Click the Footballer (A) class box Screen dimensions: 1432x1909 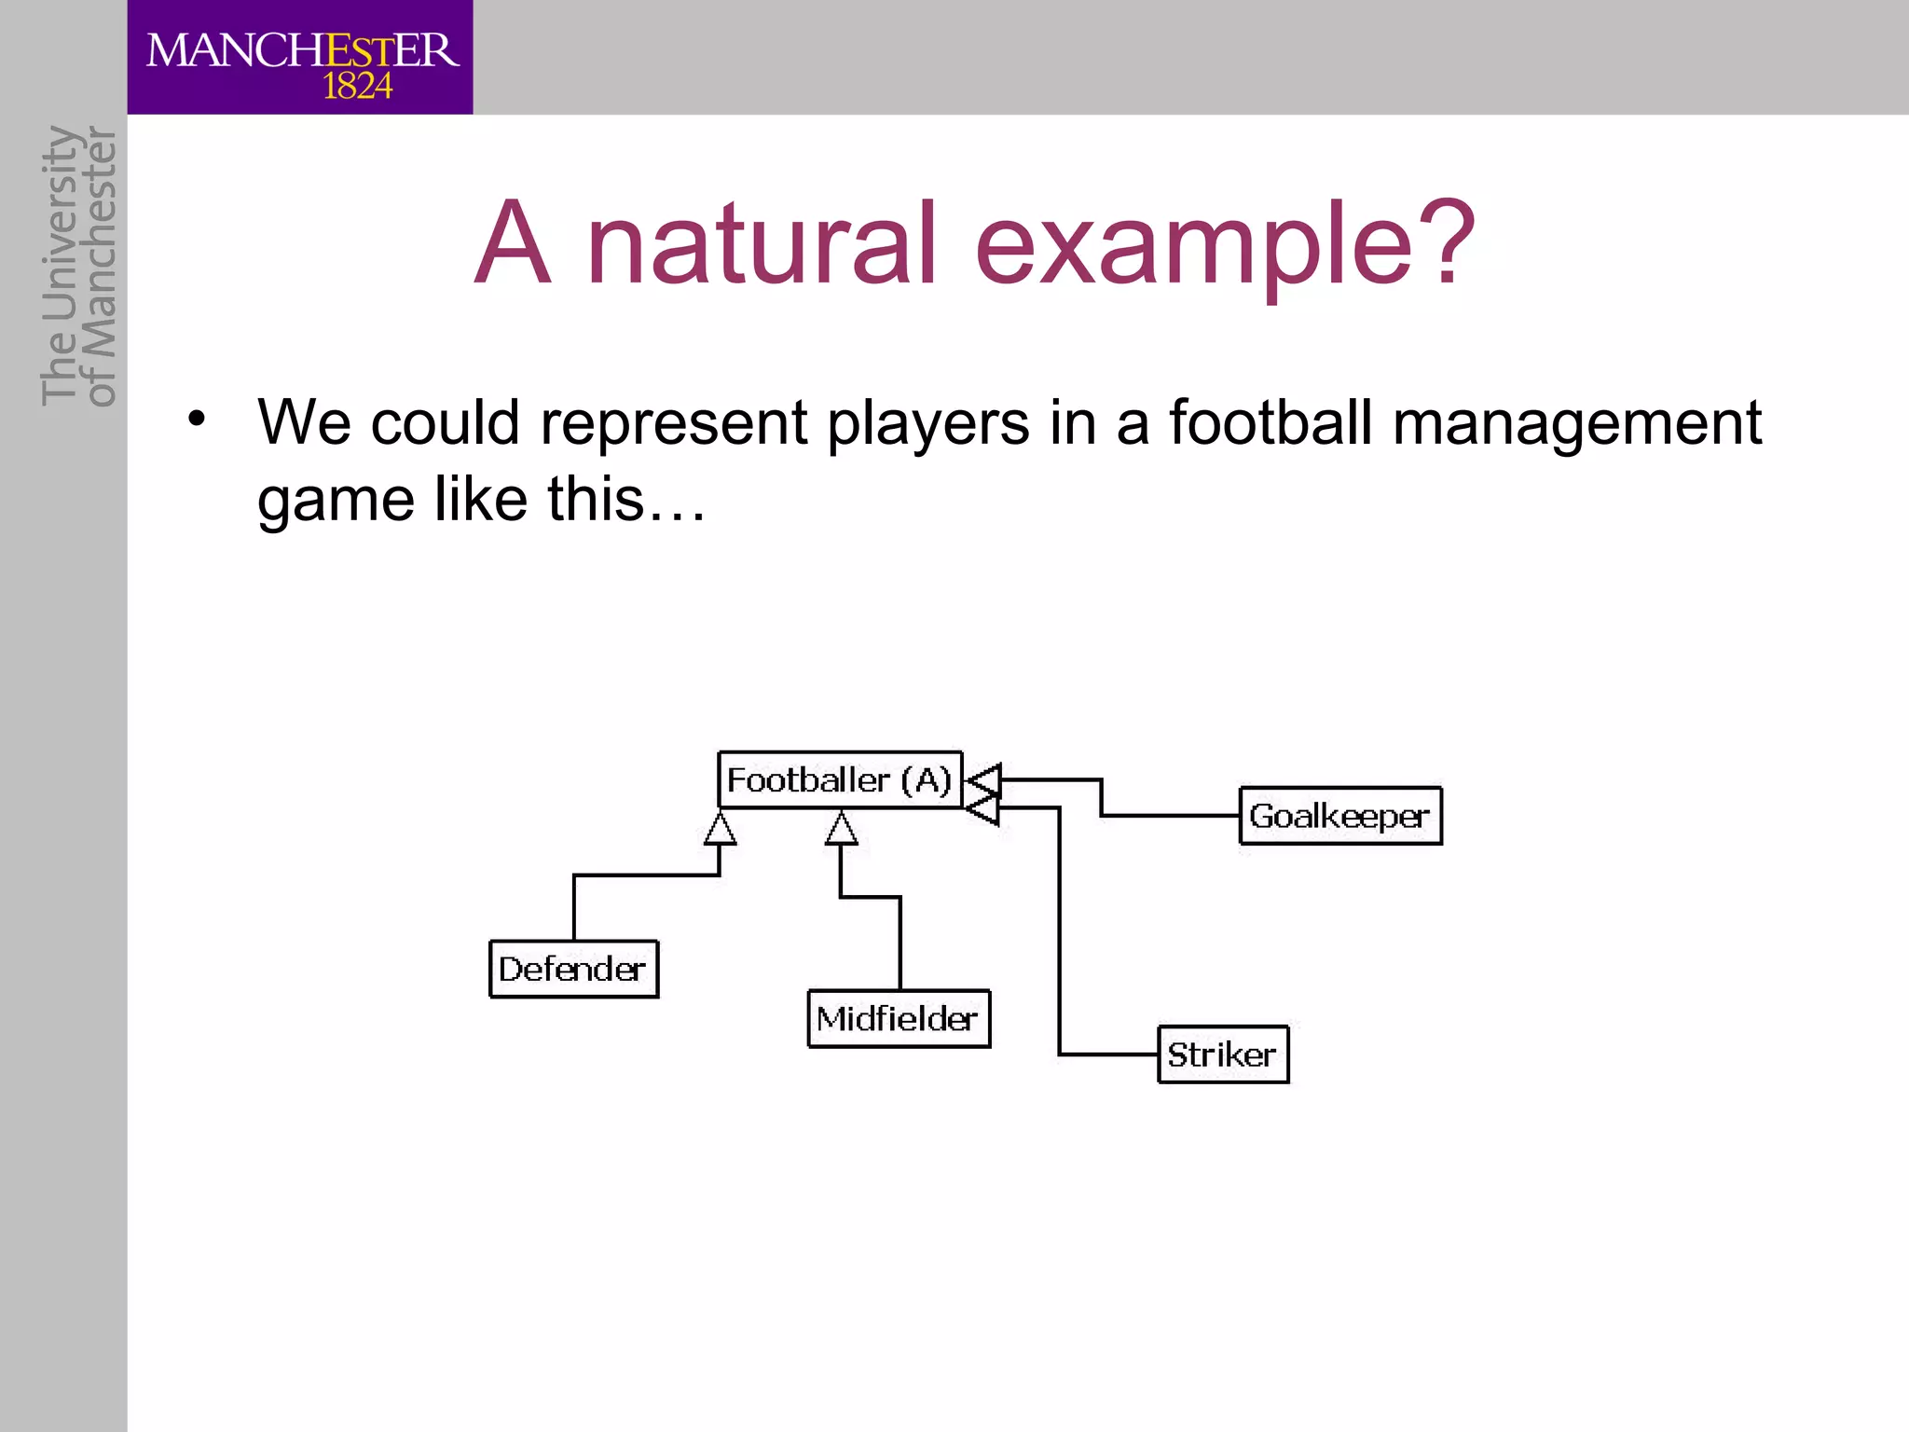[x=839, y=779]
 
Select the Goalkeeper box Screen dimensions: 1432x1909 [x=1339, y=816]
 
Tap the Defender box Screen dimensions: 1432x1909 [x=573, y=969]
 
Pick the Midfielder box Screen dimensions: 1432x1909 [x=898, y=1018]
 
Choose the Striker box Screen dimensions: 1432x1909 [x=1222, y=1054]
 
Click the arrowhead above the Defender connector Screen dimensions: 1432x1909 [x=720, y=829]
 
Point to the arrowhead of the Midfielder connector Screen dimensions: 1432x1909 [x=841, y=829]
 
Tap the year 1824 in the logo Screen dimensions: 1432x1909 [x=357, y=88]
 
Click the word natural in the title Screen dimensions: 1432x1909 [x=761, y=244]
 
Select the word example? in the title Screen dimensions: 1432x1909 [x=1225, y=244]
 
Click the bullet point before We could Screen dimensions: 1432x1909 [x=195, y=419]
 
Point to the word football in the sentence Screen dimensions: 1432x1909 [x=1270, y=421]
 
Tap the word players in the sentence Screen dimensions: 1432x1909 [x=928, y=423]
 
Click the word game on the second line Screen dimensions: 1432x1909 [x=336, y=501]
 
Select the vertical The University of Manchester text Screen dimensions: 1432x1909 [x=78, y=267]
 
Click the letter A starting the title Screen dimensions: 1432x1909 [x=512, y=244]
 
